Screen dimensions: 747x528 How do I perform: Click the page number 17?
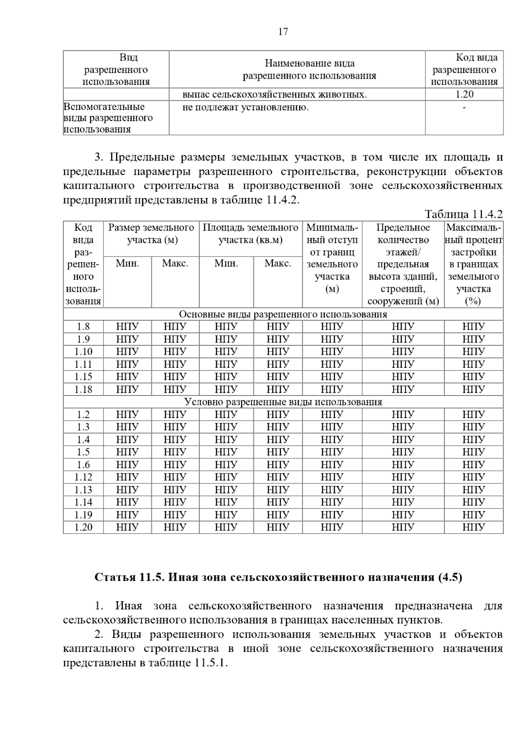point(283,32)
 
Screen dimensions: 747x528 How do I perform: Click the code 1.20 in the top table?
point(464,94)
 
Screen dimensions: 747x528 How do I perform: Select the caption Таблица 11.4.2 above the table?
point(463,214)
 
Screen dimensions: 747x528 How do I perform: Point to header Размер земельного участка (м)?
point(151,234)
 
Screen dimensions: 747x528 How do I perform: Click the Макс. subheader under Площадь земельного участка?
point(278,264)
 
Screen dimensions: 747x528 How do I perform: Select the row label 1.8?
point(83,326)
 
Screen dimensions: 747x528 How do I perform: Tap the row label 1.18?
point(83,389)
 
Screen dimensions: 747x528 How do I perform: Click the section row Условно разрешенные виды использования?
point(283,402)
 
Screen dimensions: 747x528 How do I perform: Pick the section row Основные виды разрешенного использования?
point(283,314)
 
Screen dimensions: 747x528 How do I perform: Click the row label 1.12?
point(83,477)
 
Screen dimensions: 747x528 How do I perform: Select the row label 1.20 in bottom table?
point(83,527)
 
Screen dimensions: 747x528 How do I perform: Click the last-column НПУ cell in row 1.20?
point(473,527)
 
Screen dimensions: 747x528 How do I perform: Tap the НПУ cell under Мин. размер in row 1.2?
point(127,414)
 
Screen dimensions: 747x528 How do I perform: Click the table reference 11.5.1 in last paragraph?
point(209,663)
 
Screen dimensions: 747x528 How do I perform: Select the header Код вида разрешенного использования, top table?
point(464,70)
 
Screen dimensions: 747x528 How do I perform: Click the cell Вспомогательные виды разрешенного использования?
point(108,118)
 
